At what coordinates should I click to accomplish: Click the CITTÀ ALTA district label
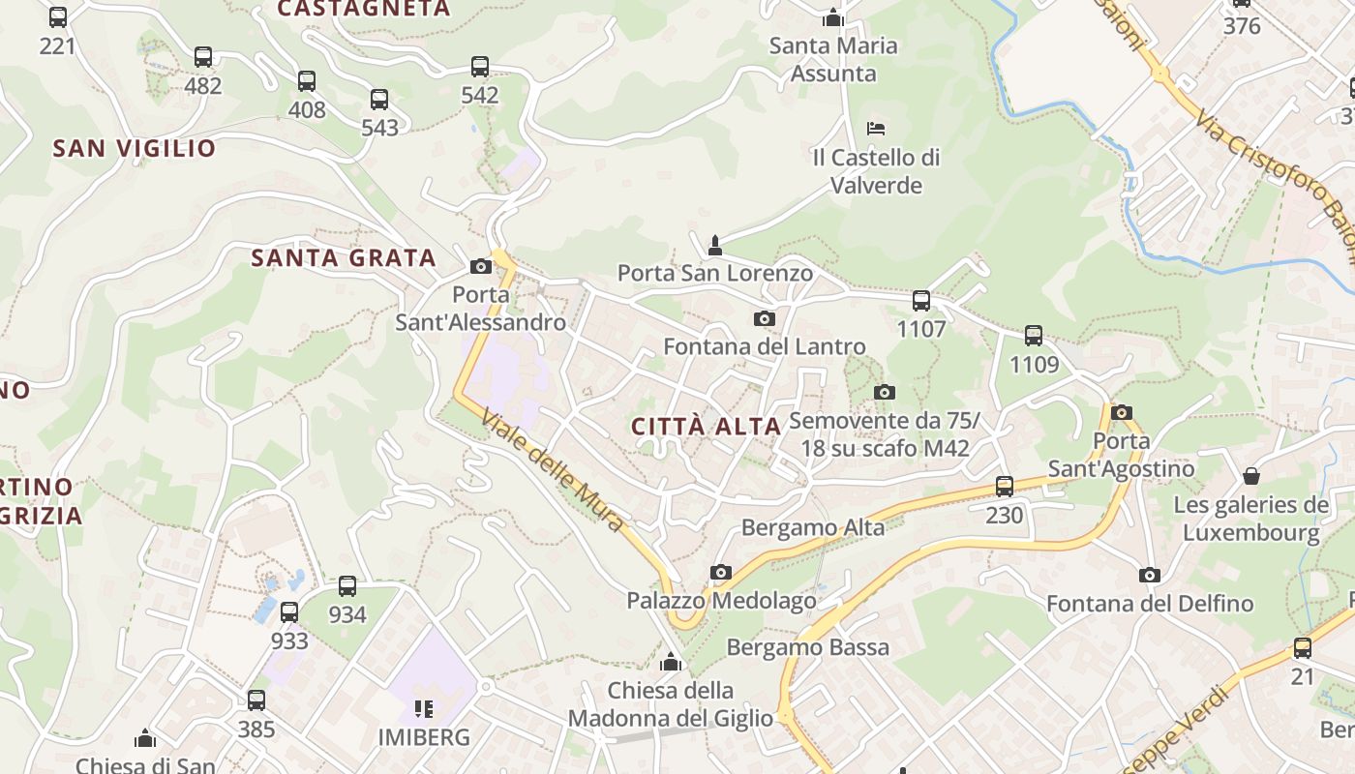706,427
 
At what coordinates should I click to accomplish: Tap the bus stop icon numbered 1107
920,301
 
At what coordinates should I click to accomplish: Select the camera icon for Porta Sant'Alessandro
480,266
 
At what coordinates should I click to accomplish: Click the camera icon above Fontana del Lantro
764,318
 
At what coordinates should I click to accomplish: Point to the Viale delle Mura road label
553,473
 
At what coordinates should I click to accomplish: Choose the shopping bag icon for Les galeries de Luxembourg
1250,476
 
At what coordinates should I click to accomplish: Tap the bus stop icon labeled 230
1005,487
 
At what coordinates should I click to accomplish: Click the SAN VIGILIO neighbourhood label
135,148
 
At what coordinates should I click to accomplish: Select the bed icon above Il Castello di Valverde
876,128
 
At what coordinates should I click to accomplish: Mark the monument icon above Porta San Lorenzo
715,245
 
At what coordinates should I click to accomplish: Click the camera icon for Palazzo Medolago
720,572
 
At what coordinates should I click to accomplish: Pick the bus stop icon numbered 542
480,67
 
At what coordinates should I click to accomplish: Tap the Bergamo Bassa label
807,647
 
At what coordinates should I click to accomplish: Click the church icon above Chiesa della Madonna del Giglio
671,663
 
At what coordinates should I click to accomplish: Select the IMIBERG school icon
423,709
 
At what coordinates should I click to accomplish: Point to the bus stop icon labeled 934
347,586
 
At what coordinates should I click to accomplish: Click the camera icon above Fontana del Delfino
1150,575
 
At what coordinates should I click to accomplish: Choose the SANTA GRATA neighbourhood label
344,258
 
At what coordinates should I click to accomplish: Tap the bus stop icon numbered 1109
1034,336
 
